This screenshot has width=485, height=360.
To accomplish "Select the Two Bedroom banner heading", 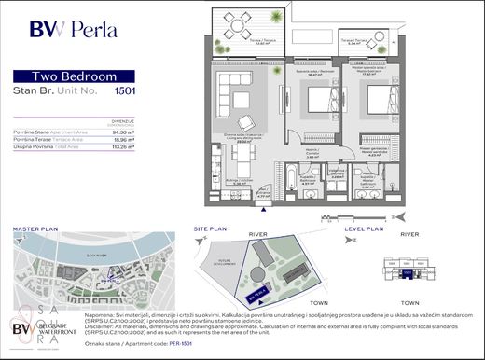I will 72,76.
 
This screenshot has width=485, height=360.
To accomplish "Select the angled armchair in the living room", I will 246,122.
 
